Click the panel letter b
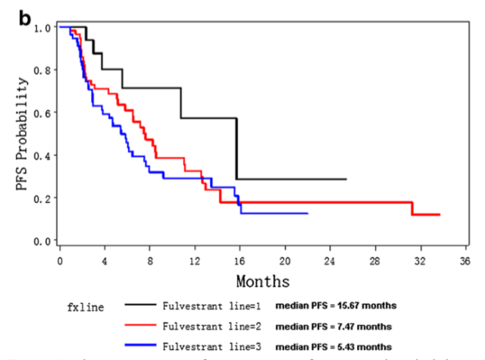(x=23, y=17)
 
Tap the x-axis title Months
(x=262, y=281)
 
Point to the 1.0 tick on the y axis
(x=43, y=28)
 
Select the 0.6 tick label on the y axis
(x=43, y=113)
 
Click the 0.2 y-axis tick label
(x=43, y=199)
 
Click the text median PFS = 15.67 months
(x=335, y=307)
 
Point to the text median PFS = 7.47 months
(x=333, y=327)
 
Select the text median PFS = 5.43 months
(x=333, y=346)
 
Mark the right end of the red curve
(x=440, y=215)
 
